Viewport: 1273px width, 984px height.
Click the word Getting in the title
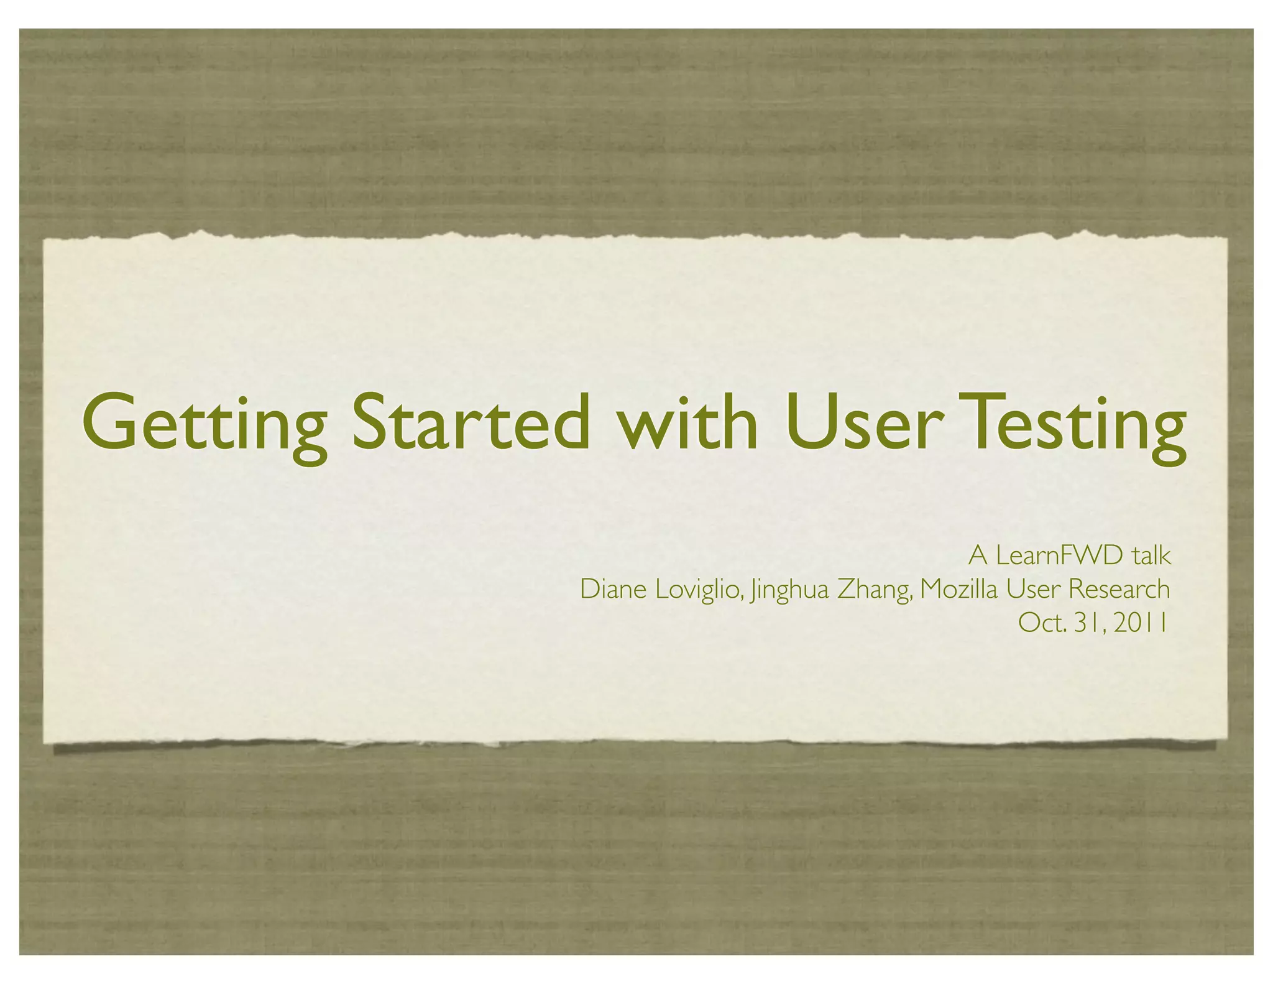(205, 423)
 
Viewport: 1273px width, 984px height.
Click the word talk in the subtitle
(1152, 555)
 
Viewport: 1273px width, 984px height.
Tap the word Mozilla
(958, 589)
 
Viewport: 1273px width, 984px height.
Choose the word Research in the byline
(1119, 589)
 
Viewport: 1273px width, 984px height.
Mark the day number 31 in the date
(1089, 623)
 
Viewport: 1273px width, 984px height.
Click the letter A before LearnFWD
(978, 555)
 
